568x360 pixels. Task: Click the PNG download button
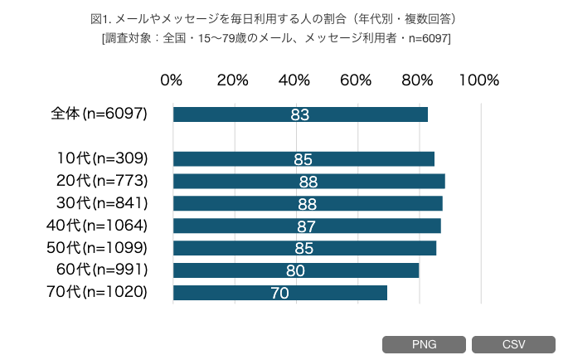tap(424, 344)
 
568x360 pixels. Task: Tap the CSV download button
tap(513, 344)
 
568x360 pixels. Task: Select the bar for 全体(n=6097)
tap(300, 114)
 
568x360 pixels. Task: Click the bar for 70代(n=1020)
tap(280, 292)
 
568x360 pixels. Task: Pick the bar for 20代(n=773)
tap(308, 181)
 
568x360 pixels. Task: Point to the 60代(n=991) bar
tap(296, 270)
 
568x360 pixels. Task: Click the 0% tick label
tap(171, 80)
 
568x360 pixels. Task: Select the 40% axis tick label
tap(294, 80)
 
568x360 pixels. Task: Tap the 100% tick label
tap(478, 80)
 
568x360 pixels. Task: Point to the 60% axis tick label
tap(356, 80)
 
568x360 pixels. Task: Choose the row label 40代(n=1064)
tap(98, 225)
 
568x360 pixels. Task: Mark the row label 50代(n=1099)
tap(98, 247)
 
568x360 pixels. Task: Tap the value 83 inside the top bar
tap(300, 114)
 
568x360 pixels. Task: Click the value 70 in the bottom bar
tap(280, 293)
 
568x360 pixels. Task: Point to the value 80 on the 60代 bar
tap(296, 270)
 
